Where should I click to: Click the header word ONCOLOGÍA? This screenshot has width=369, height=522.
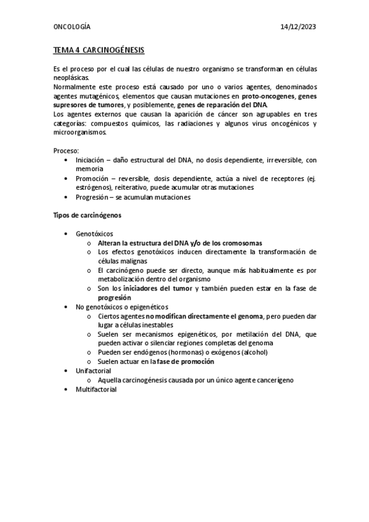(71, 28)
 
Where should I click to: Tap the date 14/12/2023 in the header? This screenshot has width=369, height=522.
(298, 28)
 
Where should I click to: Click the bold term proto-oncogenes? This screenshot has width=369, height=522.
(269, 97)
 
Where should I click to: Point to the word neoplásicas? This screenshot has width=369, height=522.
(71, 78)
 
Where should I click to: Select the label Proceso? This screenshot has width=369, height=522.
(66, 150)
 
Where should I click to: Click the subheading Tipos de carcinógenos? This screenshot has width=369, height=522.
(87, 215)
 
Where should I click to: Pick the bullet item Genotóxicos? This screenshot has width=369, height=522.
(94, 235)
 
